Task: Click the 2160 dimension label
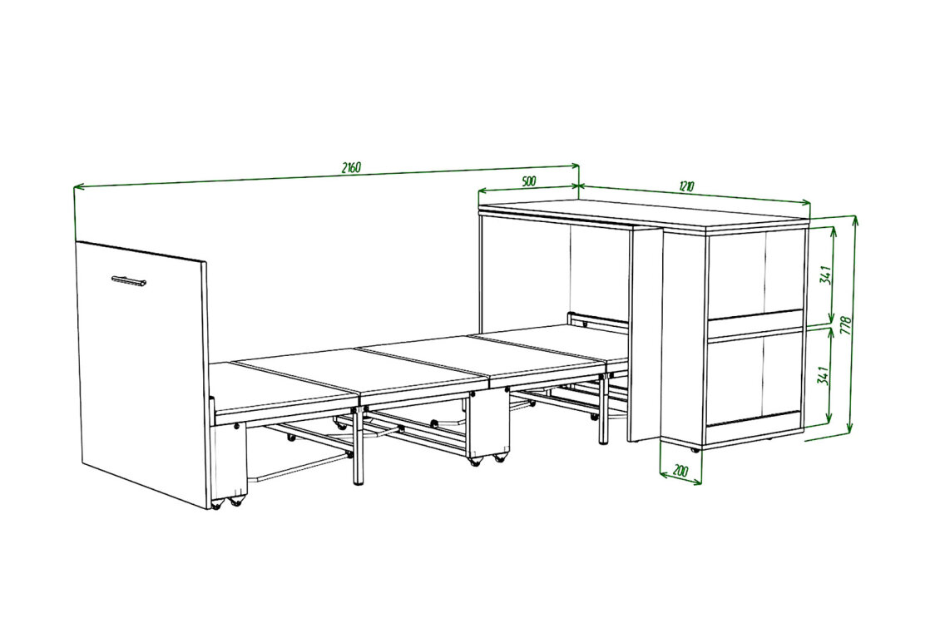tap(351, 168)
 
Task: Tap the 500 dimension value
tap(528, 181)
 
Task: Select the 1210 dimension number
tap(687, 185)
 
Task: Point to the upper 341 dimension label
tap(826, 275)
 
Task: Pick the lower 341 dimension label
tap(824, 376)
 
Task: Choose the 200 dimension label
tap(681, 471)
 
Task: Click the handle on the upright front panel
tap(129, 279)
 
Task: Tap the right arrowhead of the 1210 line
tap(806, 203)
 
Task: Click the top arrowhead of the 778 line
tap(855, 220)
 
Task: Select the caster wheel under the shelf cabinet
tap(695, 449)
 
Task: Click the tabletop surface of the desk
tap(645, 215)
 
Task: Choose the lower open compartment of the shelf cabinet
tap(754, 378)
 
